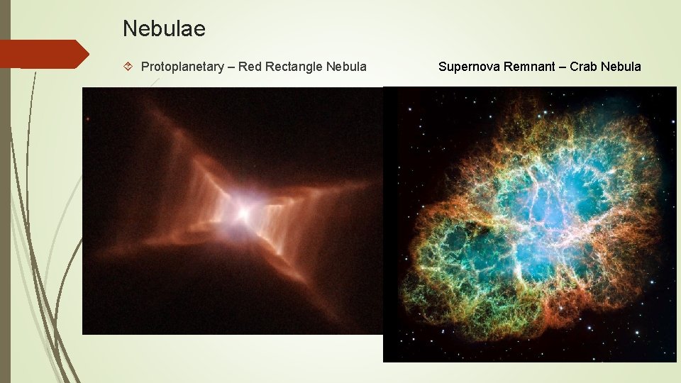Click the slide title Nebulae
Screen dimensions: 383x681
[164, 29]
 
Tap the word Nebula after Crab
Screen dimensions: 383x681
[621, 67]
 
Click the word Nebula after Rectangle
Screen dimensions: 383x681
[346, 67]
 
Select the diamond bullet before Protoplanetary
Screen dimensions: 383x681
[128, 67]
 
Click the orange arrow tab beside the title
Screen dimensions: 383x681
[43, 54]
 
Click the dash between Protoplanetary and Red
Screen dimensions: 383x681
[231, 67]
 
